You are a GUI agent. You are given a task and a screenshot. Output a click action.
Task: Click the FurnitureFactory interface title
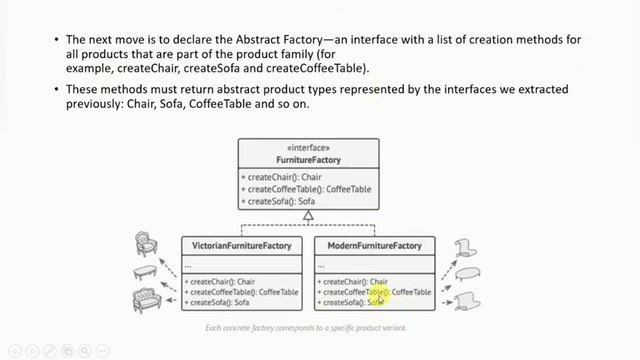[x=308, y=159]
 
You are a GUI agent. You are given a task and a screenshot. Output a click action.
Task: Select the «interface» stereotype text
[x=308, y=148]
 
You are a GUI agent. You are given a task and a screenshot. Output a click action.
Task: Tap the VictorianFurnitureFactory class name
[x=241, y=245]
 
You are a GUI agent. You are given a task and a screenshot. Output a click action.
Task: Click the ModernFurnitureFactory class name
[x=374, y=245]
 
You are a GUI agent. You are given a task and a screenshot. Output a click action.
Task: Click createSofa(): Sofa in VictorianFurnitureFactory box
[x=219, y=302]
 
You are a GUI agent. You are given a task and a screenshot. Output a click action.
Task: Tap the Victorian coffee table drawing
[x=146, y=272]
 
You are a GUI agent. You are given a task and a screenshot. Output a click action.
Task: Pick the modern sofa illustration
[x=468, y=299]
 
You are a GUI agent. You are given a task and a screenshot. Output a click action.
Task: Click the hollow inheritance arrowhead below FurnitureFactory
[x=308, y=215]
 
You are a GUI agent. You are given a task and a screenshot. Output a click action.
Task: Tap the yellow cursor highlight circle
[x=379, y=297]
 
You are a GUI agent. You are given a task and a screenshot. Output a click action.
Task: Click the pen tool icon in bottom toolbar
[x=48, y=350]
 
